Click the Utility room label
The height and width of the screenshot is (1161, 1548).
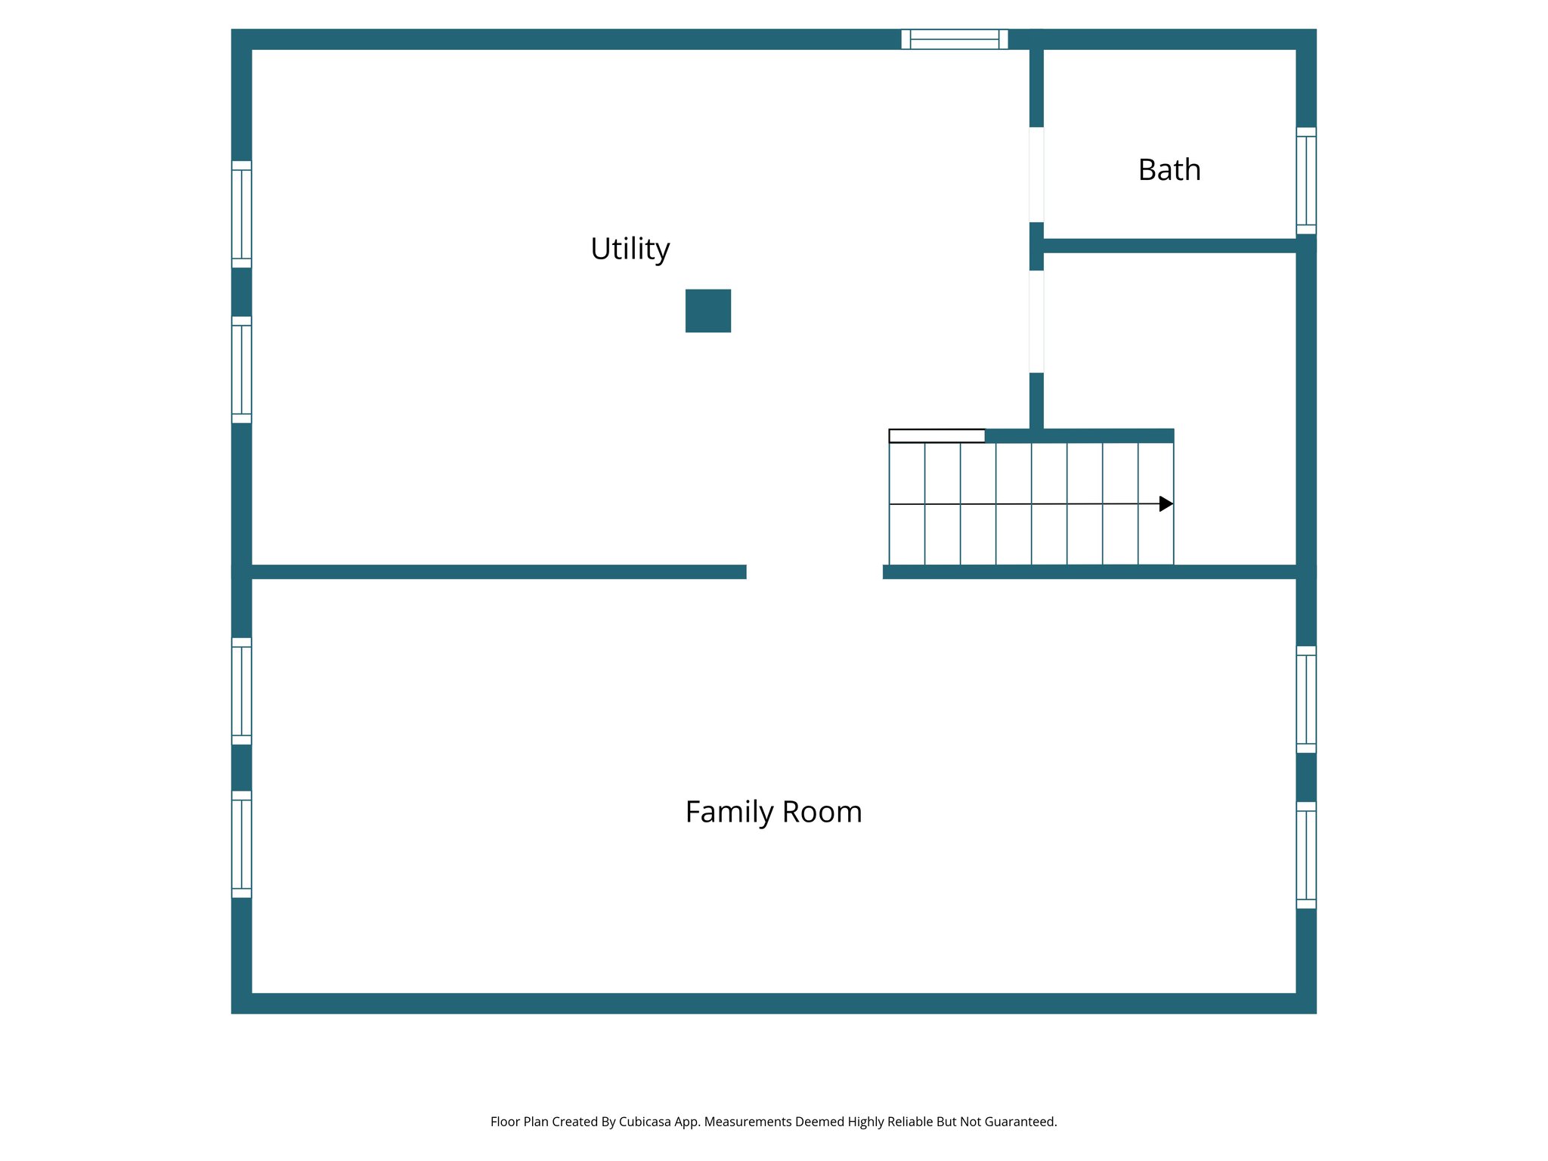tap(630, 249)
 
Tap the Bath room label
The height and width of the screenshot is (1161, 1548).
tap(1169, 170)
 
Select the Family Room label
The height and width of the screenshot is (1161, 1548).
tap(773, 812)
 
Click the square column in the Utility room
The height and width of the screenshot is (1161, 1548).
tap(707, 311)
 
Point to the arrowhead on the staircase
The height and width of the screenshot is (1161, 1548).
tap(1166, 503)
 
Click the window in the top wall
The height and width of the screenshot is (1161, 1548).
tap(954, 39)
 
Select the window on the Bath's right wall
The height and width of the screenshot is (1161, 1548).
tap(1305, 181)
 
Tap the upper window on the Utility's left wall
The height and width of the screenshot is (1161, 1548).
tap(241, 214)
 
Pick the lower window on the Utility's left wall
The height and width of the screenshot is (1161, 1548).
tap(241, 370)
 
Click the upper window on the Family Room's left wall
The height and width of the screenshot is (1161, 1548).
tap(241, 691)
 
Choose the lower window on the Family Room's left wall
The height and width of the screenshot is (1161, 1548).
tap(241, 844)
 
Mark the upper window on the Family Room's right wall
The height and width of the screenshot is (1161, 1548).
tap(1305, 699)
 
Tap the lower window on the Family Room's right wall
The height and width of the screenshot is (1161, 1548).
tap(1305, 855)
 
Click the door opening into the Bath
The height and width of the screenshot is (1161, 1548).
tap(1036, 175)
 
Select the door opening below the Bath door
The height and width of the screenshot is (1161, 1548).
tap(1036, 321)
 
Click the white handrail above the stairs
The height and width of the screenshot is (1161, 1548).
tap(937, 435)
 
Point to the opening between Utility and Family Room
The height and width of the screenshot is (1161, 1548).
tap(814, 571)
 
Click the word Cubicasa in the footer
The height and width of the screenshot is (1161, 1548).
tap(644, 1122)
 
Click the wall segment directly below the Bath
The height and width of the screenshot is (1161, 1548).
tap(1169, 246)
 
